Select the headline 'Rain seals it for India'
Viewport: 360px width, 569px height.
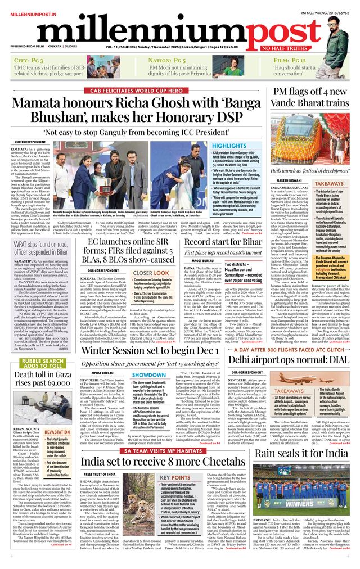tap(300, 453)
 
